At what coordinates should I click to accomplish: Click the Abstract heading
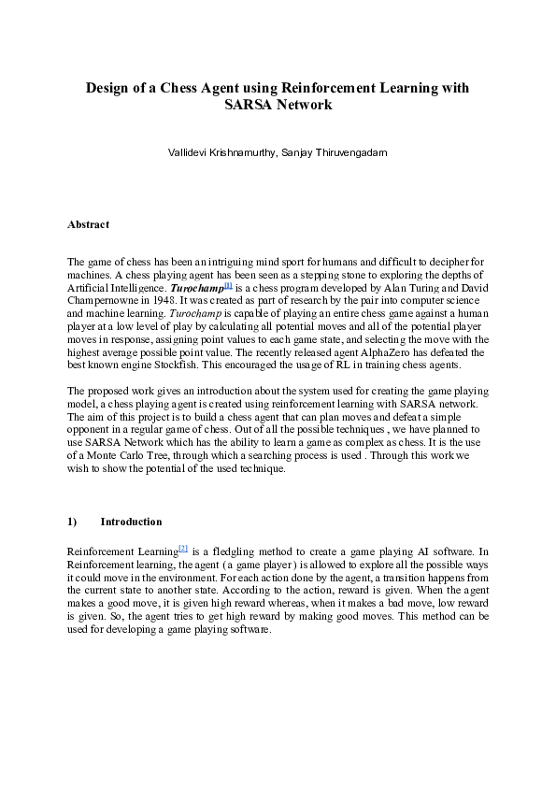[88, 224]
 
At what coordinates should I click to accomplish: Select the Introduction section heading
[131, 522]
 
